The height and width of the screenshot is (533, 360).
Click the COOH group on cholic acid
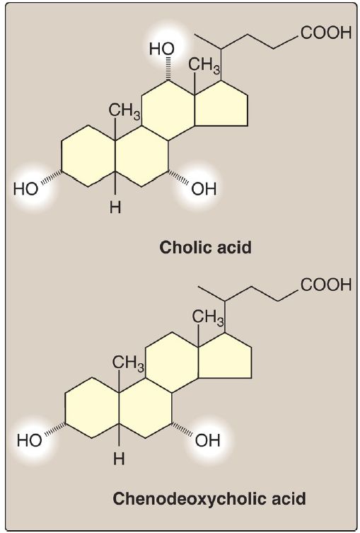click(326, 33)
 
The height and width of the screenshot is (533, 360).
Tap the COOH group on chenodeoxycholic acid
click(326, 285)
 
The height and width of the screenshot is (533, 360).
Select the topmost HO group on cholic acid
click(161, 50)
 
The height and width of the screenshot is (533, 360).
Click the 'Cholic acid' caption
click(206, 248)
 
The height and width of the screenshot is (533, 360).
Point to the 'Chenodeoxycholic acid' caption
click(209, 498)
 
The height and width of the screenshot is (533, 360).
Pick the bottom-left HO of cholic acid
click(25, 189)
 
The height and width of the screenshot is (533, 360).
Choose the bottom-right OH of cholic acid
click(204, 189)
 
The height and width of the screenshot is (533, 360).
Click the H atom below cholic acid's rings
click(115, 207)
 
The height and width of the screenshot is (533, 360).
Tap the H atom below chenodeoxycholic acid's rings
click(119, 459)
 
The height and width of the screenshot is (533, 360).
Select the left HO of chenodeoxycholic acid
click(30, 440)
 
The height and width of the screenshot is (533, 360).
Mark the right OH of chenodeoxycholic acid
click(207, 440)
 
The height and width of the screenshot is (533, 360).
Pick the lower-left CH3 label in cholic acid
click(124, 112)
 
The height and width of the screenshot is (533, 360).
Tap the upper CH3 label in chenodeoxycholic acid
click(208, 318)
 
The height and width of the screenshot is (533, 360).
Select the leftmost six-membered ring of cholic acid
click(62, 156)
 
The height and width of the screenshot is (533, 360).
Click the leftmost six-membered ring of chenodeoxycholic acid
click(65, 408)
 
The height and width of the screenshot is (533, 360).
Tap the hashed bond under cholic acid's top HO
click(168, 69)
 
